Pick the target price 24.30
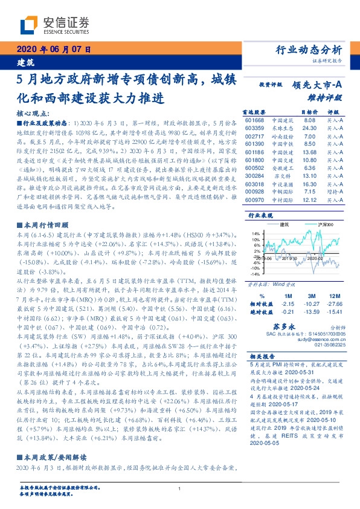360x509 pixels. [309, 128]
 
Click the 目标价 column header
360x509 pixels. [309, 112]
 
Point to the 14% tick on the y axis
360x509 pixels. [256, 233]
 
